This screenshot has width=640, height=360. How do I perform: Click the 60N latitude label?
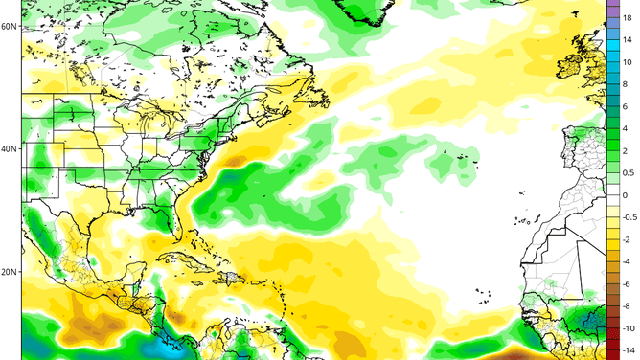pyautogui.click(x=10, y=26)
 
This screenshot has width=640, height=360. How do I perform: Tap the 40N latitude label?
pyautogui.click(x=10, y=149)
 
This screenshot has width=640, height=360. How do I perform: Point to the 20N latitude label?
pyautogui.click(x=10, y=272)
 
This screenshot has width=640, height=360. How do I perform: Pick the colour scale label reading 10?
pyautogui.click(x=628, y=62)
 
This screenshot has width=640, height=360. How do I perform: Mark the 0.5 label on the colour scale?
pyautogui.click(x=628, y=173)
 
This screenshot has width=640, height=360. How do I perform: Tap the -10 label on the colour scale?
pyautogui.click(x=628, y=328)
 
